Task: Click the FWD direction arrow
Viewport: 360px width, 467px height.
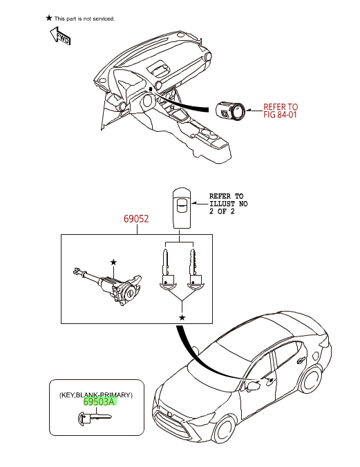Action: coord(60,36)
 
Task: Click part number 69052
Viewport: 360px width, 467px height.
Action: coord(136,219)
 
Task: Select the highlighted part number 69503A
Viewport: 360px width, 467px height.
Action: coord(99,401)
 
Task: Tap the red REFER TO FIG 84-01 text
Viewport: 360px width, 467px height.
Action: coord(281,111)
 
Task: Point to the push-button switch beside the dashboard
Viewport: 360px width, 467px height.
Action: coord(230,112)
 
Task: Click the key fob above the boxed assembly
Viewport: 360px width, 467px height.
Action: coord(182,208)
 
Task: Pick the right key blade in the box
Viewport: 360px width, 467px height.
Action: coord(195,270)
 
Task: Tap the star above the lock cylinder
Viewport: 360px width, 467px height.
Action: coord(113,262)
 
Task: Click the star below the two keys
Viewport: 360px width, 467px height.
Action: coord(182,318)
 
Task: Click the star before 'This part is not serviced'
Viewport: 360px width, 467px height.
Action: coord(49,18)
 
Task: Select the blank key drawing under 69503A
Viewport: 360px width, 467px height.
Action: coord(95,417)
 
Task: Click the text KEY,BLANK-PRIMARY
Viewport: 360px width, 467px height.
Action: coord(96,395)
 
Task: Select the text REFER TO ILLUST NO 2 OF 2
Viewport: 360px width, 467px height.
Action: coord(228,204)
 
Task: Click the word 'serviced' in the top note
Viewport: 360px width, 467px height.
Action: coord(104,19)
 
